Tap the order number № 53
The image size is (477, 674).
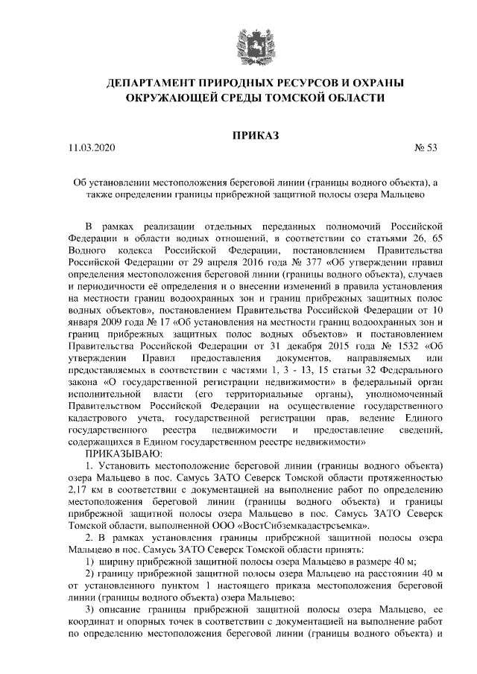pyautogui.click(x=426, y=147)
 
